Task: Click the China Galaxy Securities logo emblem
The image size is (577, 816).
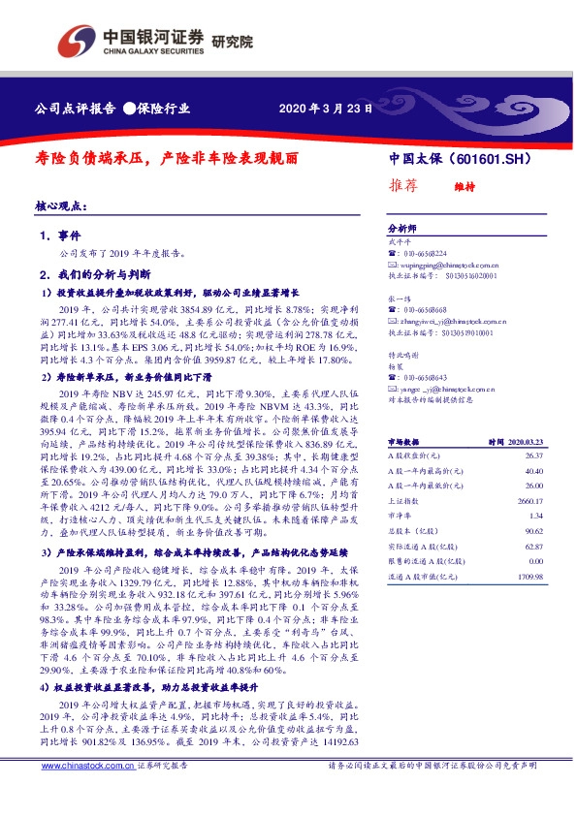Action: coord(77,40)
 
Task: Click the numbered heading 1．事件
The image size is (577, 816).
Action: coord(59,235)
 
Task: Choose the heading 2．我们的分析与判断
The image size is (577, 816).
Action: coord(100,273)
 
